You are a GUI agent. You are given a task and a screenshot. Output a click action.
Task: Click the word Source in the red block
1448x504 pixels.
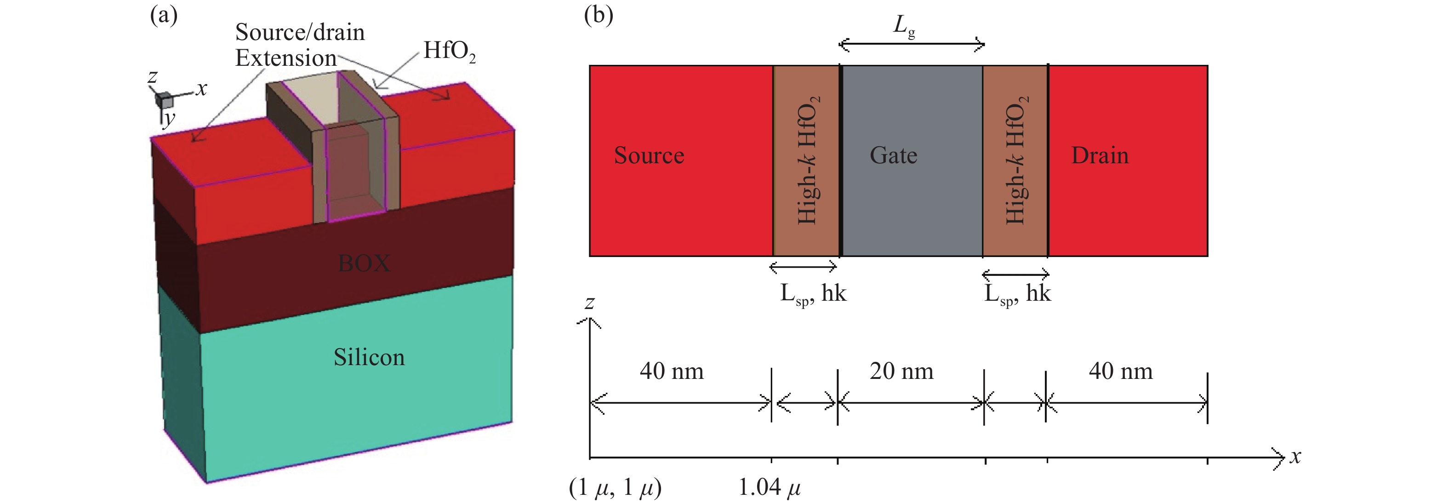pyautogui.click(x=649, y=156)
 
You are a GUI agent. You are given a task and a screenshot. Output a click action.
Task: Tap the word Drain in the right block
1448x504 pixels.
pyautogui.click(x=1100, y=156)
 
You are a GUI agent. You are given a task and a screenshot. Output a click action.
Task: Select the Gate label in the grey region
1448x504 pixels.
pyautogui.click(x=893, y=156)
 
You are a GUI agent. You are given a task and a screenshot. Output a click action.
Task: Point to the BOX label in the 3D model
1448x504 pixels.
pyautogui.click(x=364, y=263)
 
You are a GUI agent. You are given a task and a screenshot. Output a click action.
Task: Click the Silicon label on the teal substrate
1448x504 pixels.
pyautogui.click(x=369, y=358)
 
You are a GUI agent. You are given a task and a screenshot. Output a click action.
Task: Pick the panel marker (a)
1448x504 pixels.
pyautogui.click(x=164, y=15)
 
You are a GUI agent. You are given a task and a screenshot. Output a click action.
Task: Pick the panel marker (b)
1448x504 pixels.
pyautogui.click(x=598, y=15)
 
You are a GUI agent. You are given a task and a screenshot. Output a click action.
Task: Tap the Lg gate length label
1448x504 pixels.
pyautogui.click(x=904, y=26)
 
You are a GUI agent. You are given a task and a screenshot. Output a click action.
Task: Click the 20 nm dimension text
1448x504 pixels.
pyautogui.click(x=901, y=371)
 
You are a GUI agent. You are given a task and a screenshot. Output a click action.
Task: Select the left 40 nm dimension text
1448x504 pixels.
pyautogui.click(x=671, y=371)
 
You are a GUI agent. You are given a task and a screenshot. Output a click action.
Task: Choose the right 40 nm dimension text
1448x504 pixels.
pyautogui.click(x=1120, y=371)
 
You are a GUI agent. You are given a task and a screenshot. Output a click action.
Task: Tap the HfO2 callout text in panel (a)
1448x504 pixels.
pyautogui.click(x=449, y=51)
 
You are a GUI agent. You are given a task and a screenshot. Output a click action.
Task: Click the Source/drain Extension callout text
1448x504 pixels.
pyautogui.click(x=299, y=45)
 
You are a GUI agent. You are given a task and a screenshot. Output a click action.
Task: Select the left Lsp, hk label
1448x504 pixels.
pyautogui.click(x=813, y=294)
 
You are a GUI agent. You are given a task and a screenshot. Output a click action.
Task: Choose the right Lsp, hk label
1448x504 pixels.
pyautogui.click(x=1017, y=294)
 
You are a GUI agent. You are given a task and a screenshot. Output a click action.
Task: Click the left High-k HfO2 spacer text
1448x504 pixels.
pyautogui.click(x=808, y=161)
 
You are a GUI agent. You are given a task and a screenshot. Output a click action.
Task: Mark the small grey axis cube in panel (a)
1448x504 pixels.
pyautogui.click(x=164, y=100)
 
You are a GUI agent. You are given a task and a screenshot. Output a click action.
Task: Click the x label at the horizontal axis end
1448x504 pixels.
pyautogui.click(x=1295, y=457)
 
